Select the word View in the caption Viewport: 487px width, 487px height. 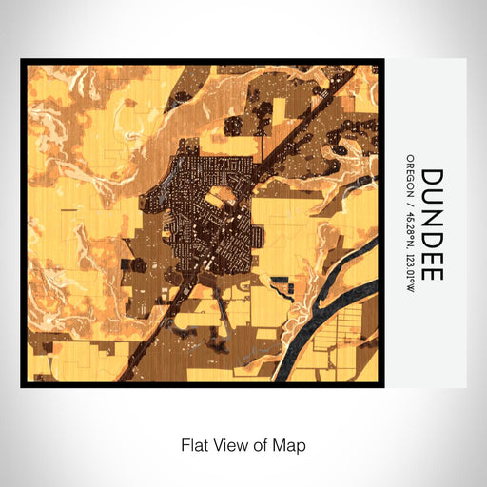[229, 444]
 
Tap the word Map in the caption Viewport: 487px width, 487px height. [291, 444]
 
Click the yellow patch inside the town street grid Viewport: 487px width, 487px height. [221, 199]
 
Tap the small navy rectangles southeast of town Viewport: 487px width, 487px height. [279, 282]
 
